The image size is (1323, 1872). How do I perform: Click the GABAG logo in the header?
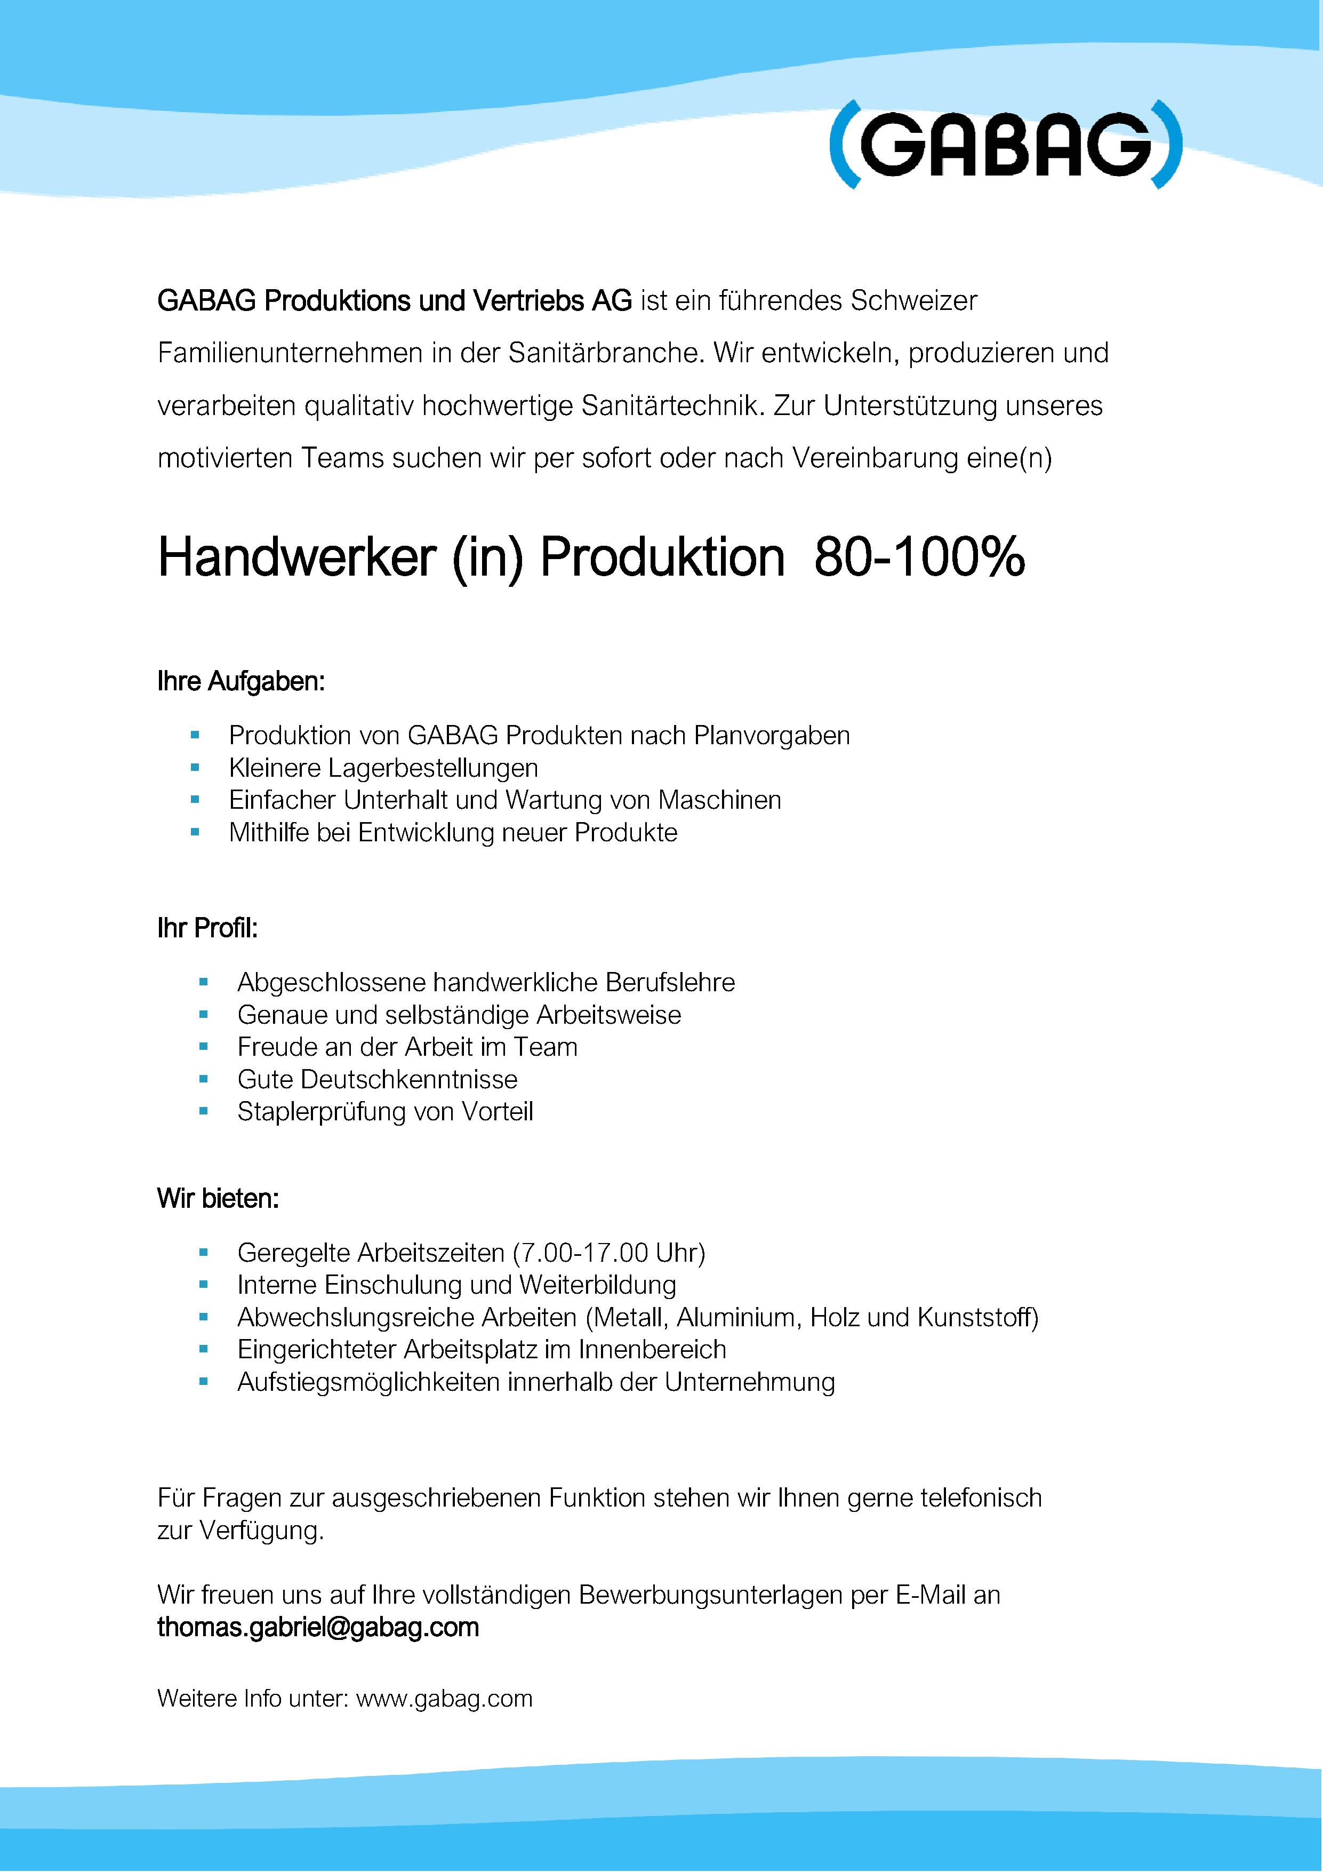pos(1005,147)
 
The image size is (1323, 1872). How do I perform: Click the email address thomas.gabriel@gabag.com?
pos(318,1628)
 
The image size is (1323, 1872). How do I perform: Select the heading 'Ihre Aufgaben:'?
pos(240,682)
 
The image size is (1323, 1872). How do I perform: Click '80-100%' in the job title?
pos(919,559)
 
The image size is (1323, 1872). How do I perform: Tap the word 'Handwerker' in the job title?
pos(293,559)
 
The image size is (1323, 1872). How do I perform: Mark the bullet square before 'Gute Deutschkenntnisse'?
pos(204,1079)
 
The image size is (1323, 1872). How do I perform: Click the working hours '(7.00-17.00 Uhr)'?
pos(609,1252)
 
